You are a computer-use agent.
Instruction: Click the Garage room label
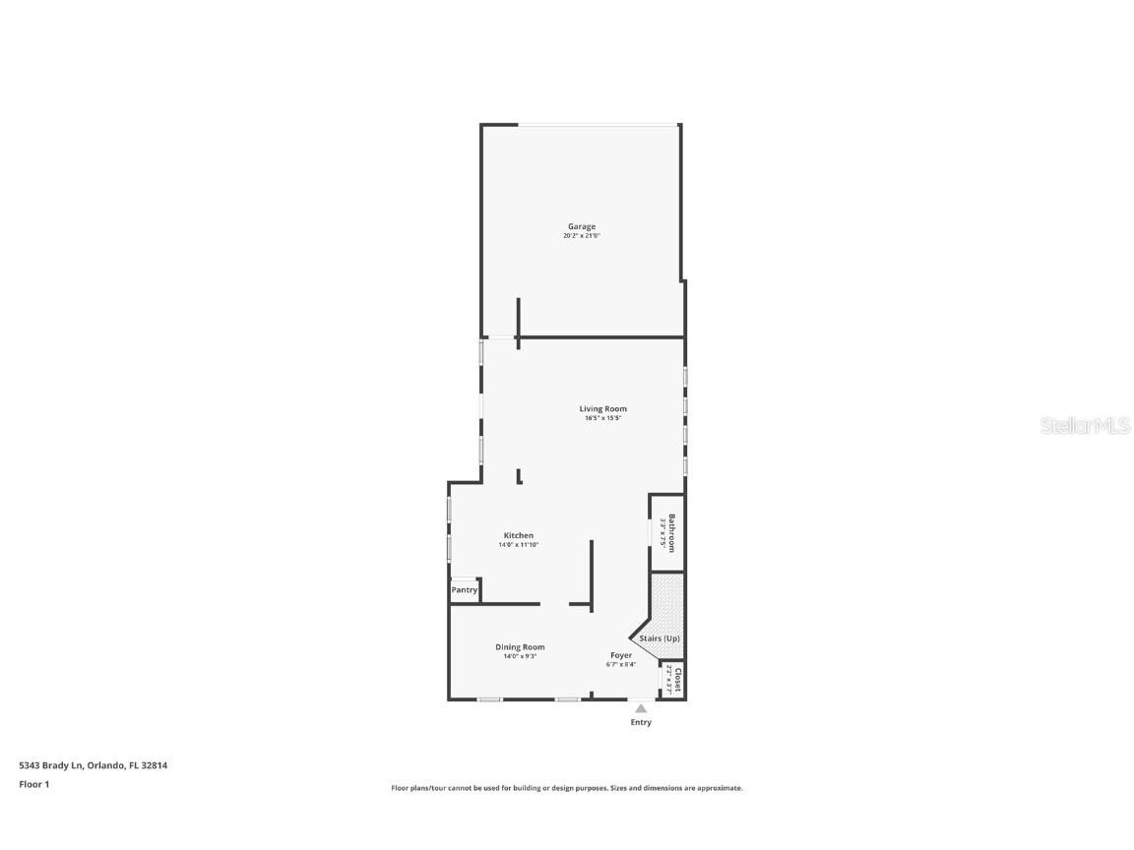[x=581, y=227]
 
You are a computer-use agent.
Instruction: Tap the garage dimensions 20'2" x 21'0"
[x=581, y=236]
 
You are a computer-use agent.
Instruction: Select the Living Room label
[x=602, y=409]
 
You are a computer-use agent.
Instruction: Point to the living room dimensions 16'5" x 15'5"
[x=602, y=418]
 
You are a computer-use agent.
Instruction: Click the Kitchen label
[x=519, y=536]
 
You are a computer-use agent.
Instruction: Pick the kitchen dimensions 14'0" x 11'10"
[x=519, y=545]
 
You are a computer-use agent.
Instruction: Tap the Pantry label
[x=465, y=590]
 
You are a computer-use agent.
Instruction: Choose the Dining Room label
[x=520, y=647]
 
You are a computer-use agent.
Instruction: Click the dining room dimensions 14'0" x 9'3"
[x=520, y=656]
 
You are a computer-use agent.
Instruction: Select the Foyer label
[x=621, y=655]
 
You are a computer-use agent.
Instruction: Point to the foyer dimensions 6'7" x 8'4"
[x=621, y=664]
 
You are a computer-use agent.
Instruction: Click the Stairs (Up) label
[x=660, y=638]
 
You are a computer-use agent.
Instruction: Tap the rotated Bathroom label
[x=672, y=533]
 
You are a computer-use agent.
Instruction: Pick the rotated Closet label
[x=677, y=681]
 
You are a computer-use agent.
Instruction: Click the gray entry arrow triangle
[x=641, y=707]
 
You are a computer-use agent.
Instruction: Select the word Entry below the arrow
[x=641, y=722]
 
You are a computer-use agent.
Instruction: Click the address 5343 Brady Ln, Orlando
[x=94, y=765]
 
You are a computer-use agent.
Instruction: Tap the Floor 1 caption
[x=33, y=784]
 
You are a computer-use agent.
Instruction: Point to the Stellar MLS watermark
[x=1085, y=426]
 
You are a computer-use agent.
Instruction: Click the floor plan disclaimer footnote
[x=567, y=788]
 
